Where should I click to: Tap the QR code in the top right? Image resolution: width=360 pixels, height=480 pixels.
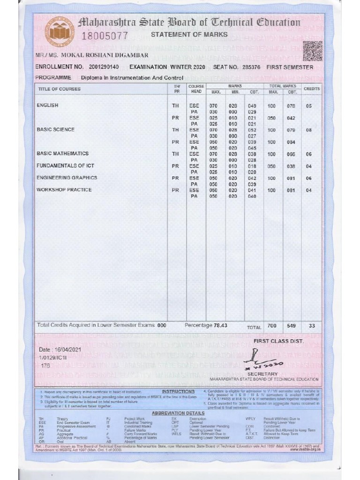click(312, 51)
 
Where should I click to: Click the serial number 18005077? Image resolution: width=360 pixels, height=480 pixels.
click(105, 36)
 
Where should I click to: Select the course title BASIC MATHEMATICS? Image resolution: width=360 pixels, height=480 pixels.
click(62, 154)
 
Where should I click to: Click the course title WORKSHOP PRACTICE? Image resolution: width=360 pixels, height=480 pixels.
click(64, 190)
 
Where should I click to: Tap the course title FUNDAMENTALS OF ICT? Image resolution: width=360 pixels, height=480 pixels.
click(66, 166)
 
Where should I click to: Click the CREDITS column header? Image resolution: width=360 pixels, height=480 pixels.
click(311, 89)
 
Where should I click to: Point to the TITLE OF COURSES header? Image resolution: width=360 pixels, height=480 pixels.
click(59, 89)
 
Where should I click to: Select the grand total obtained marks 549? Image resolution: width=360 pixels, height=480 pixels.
click(292, 326)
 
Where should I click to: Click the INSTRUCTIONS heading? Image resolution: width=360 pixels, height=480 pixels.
click(178, 391)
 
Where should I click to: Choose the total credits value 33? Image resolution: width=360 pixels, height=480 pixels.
click(311, 326)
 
